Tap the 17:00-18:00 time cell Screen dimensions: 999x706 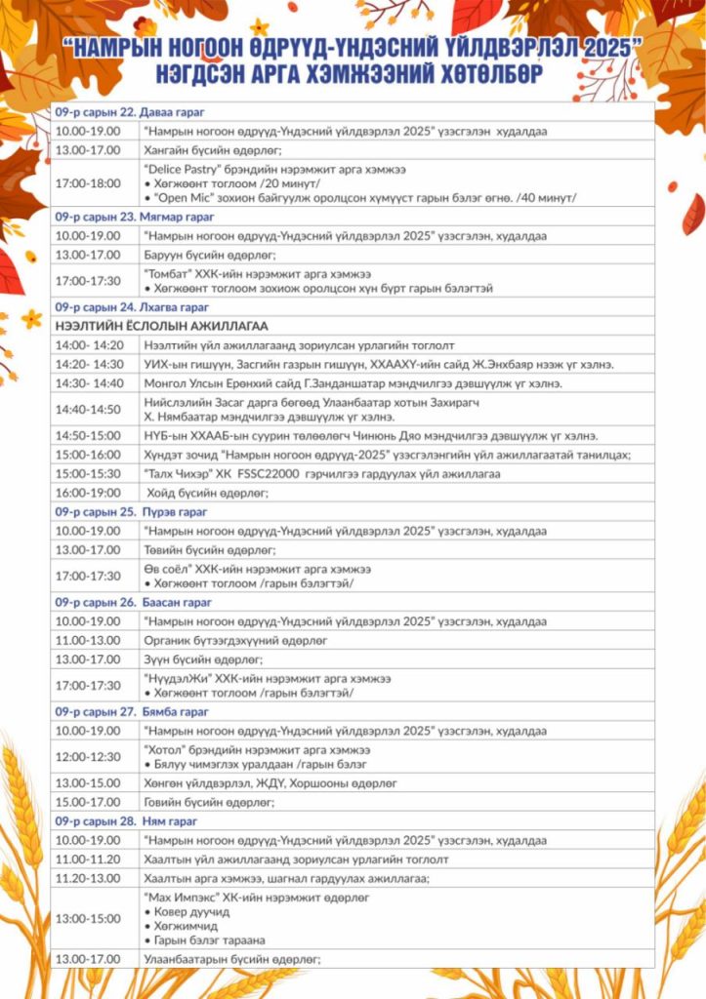coord(88,183)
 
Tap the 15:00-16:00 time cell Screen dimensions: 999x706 coord(88,455)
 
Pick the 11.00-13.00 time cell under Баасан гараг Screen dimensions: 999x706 coord(88,641)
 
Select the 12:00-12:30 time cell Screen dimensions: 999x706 coord(88,757)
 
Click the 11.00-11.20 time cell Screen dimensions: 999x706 coord(88,859)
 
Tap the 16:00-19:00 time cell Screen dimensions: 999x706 coord(88,493)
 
